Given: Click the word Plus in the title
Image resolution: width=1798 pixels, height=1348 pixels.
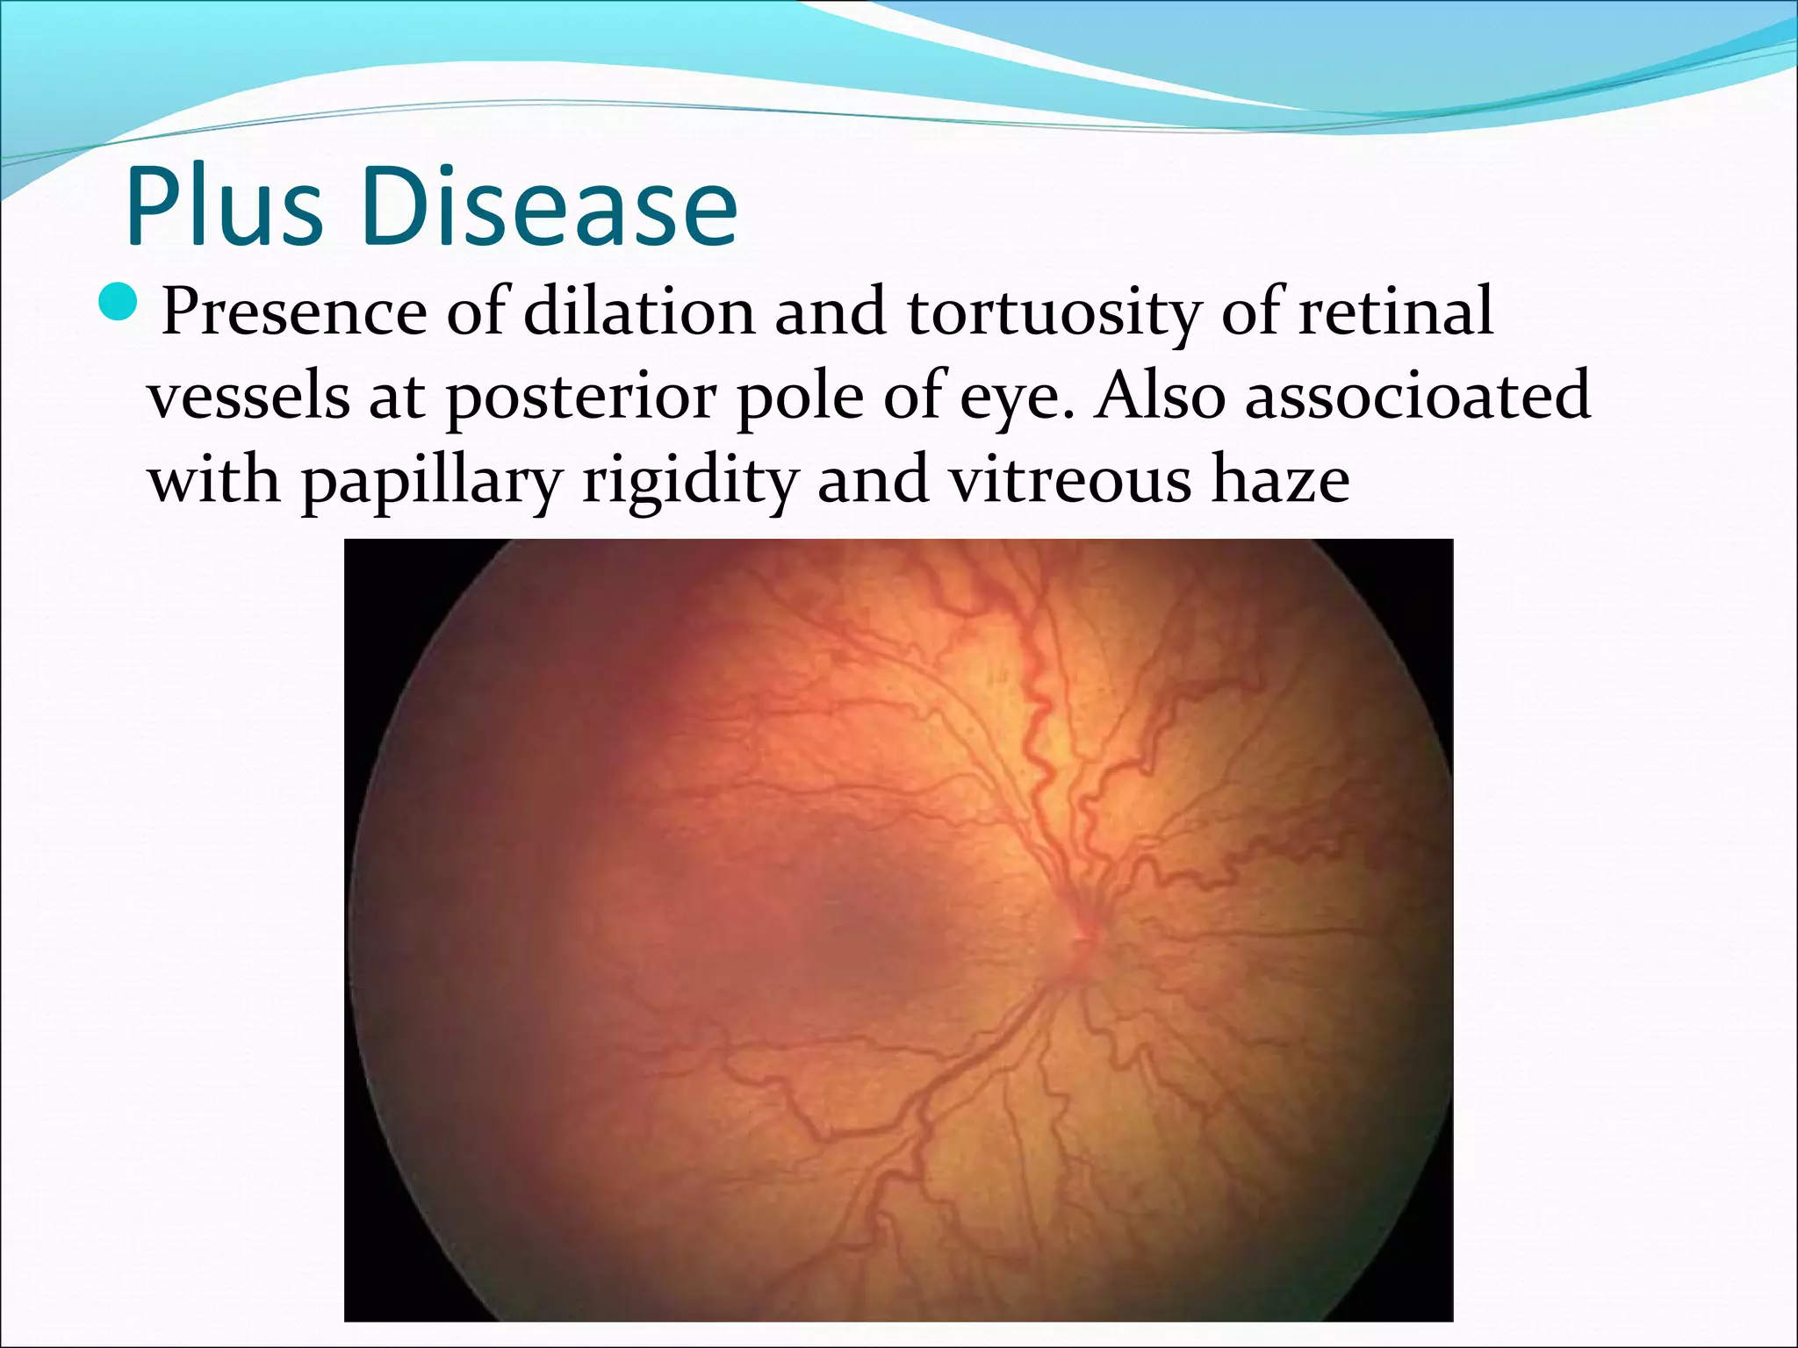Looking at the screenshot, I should pyautogui.click(x=224, y=208).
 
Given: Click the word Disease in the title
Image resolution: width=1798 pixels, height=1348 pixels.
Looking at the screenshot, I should pyautogui.click(x=549, y=208).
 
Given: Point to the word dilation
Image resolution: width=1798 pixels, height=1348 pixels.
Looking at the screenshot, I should pyautogui.click(x=639, y=312).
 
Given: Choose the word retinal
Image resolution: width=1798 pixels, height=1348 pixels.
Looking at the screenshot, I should pyautogui.click(x=1396, y=312).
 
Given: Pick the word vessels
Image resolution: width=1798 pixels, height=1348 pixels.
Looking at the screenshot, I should pyautogui.click(x=248, y=396).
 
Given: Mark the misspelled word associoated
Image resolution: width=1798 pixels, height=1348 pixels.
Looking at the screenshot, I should pyautogui.click(x=1417, y=396).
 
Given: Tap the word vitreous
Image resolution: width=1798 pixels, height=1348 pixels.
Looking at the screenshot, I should pyautogui.click(x=1071, y=480).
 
